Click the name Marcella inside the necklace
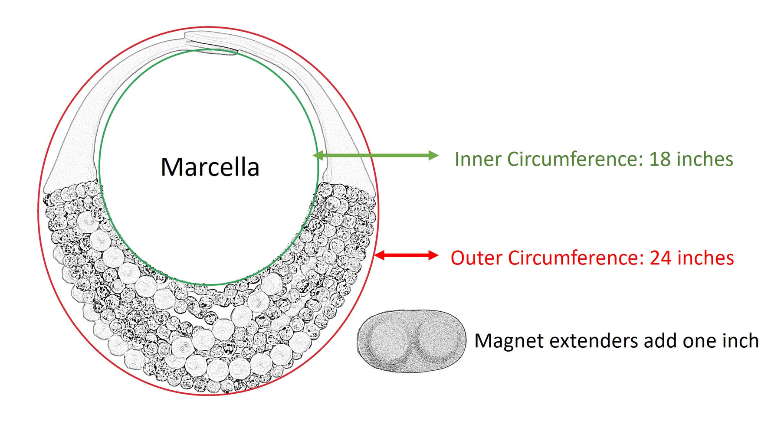coord(210,167)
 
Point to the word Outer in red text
coord(477,258)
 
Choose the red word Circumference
coord(576,258)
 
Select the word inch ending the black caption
coord(740,341)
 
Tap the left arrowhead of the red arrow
coord(380,255)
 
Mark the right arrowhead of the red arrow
coord(433,255)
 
